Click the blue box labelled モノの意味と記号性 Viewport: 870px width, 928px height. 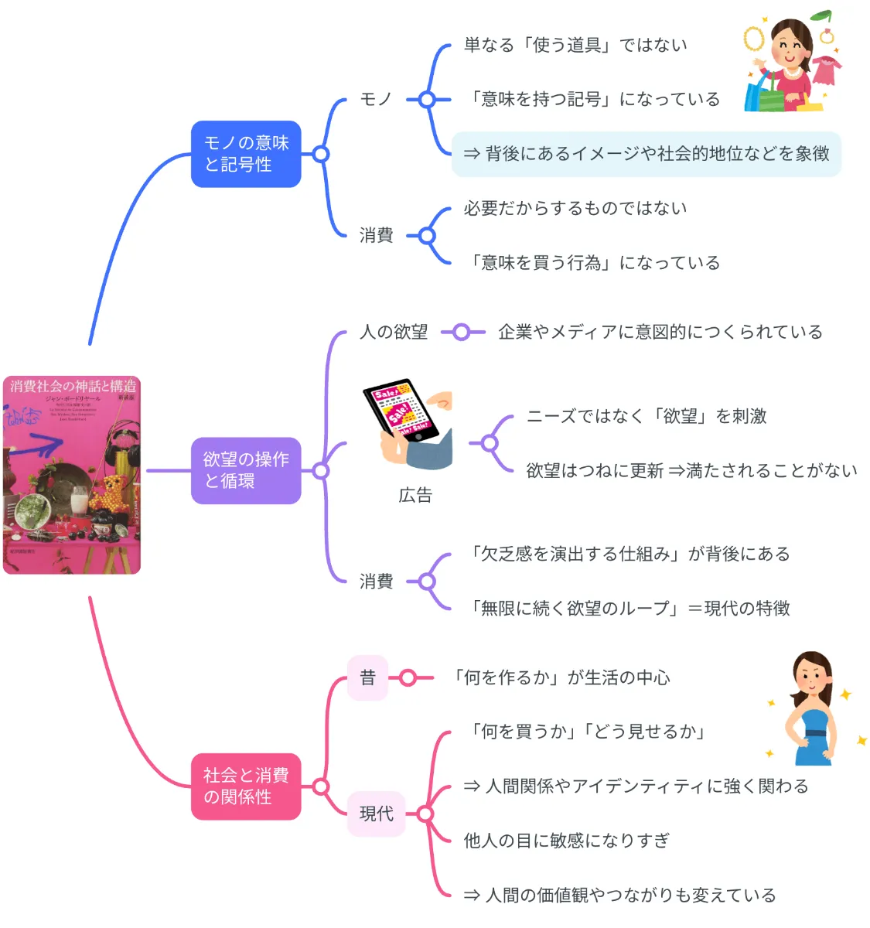click(x=245, y=154)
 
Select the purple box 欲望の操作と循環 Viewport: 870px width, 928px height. click(x=245, y=470)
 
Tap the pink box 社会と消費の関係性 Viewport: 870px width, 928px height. click(x=245, y=786)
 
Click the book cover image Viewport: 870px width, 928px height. click(x=72, y=476)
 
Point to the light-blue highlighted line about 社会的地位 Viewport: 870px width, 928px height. click(x=646, y=154)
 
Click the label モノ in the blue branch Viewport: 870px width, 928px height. click(x=376, y=100)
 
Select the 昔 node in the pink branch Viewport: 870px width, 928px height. click(x=367, y=678)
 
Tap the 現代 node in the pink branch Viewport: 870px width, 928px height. click(x=376, y=814)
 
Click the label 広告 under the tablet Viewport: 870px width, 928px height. click(x=415, y=496)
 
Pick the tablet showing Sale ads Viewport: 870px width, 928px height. click(x=401, y=411)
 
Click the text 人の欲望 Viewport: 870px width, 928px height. click(x=394, y=333)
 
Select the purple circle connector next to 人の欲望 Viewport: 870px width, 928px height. click(x=461, y=333)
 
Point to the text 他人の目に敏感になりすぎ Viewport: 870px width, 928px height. click(x=566, y=841)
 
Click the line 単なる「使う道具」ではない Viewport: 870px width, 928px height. click(x=575, y=45)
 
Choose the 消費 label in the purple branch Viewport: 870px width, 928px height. click(x=376, y=582)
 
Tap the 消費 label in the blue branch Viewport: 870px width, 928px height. click(x=376, y=236)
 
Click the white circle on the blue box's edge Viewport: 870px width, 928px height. click(x=321, y=154)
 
